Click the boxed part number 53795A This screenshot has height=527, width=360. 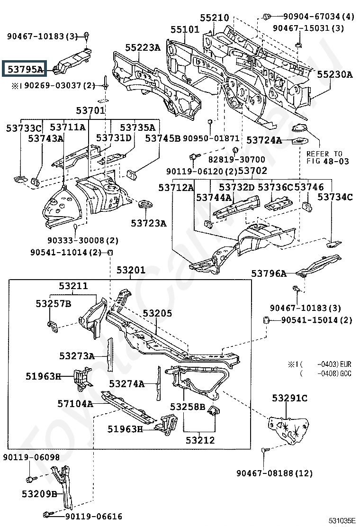click(26, 70)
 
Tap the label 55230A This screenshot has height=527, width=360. click(335, 74)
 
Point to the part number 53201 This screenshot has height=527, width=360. click(131, 270)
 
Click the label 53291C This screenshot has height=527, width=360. click(289, 398)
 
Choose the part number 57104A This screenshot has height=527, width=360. click(75, 404)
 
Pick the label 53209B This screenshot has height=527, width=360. click(39, 494)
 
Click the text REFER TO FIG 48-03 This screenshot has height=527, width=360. click(327, 158)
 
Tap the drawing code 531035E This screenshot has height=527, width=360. click(342, 521)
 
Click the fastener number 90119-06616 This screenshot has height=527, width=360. click(94, 516)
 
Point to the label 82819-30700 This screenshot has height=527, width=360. click(237, 159)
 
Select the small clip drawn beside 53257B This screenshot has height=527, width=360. click(52, 326)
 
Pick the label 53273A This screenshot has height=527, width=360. click(77, 356)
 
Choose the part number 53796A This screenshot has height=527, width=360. click(269, 274)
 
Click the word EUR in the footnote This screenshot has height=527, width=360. click(346, 364)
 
